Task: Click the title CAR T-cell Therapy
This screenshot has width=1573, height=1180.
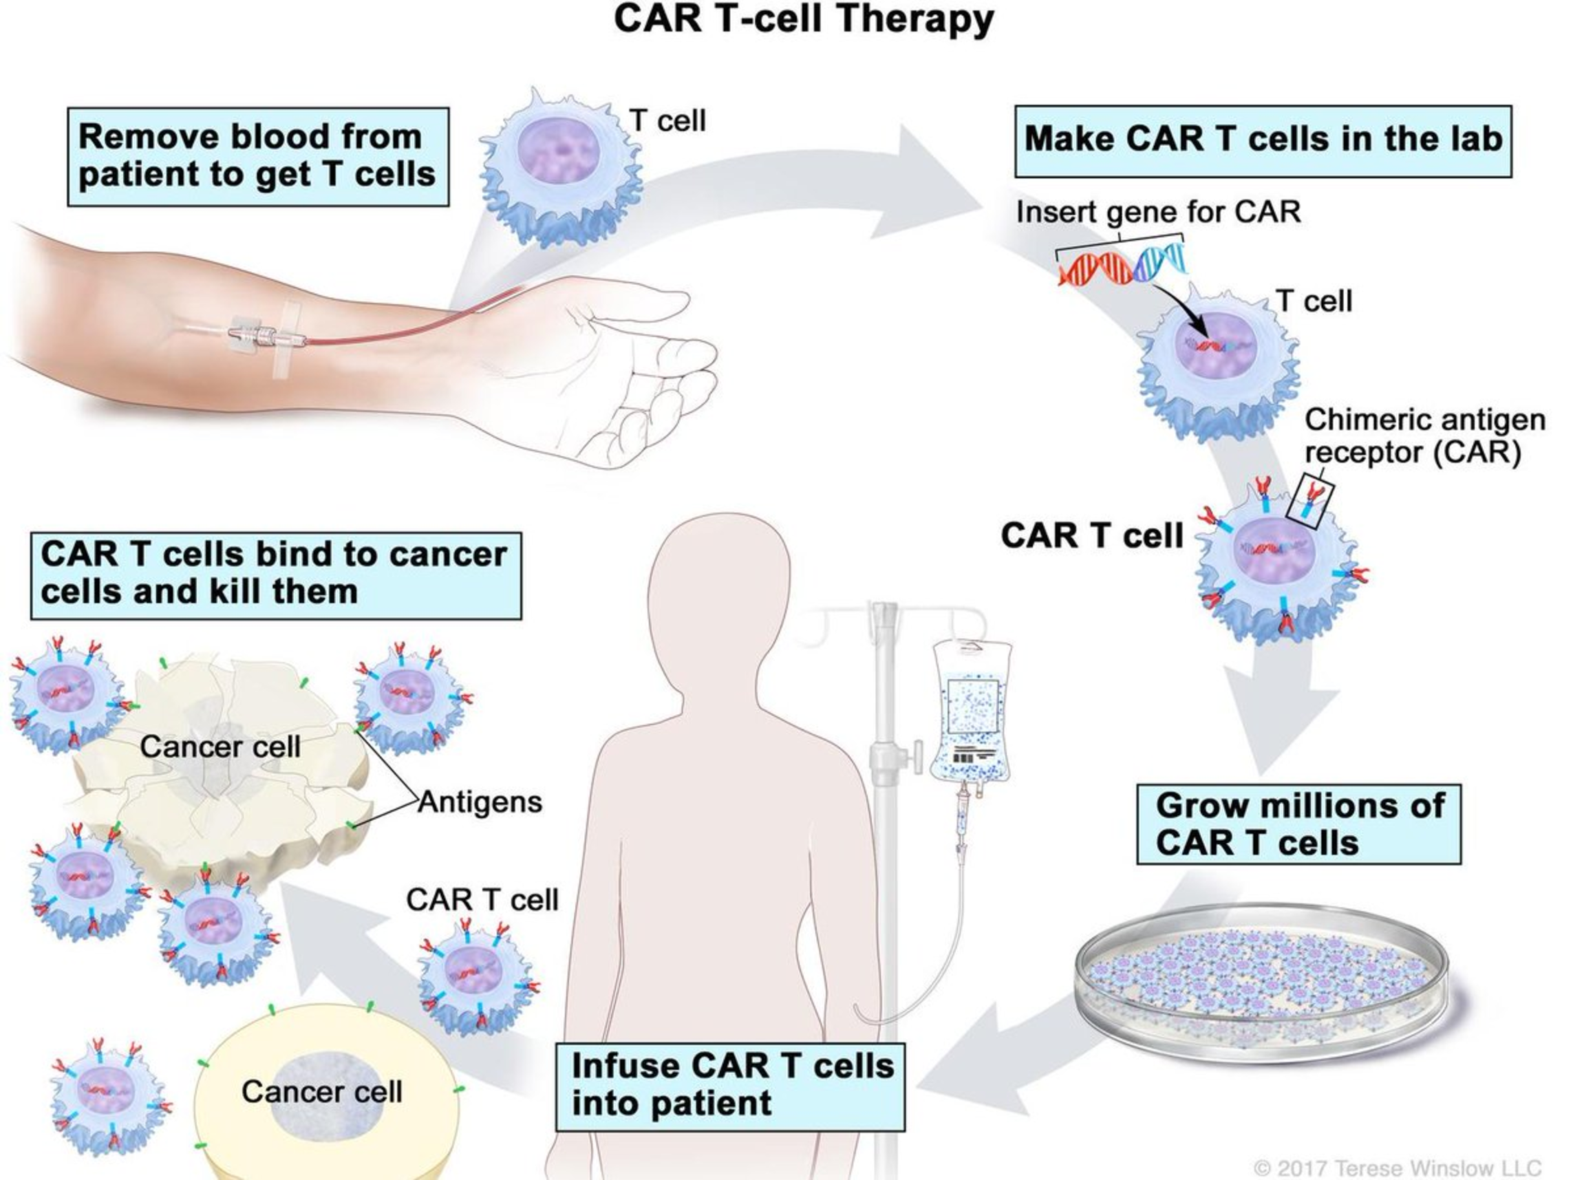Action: coord(803,19)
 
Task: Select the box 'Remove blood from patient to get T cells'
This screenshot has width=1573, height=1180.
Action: coord(257,156)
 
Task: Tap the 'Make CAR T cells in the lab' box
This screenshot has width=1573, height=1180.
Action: coord(1262,140)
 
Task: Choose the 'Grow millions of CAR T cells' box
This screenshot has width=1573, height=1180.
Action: coord(1298,824)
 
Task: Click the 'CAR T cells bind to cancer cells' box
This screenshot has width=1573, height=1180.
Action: coord(275,574)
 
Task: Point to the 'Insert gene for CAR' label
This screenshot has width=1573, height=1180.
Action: coord(1157,212)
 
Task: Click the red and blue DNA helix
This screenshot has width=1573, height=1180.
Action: coord(1122,264)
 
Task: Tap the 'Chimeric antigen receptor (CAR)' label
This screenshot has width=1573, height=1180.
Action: coord(1424,436)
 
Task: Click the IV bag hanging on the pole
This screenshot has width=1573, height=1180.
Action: coord(972,711)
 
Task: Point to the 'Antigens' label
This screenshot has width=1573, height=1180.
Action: coord(480,802)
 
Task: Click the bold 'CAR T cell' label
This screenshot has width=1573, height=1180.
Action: coord(1091,535)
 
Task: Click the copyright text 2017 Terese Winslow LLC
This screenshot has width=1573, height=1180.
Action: coord(1398,1168)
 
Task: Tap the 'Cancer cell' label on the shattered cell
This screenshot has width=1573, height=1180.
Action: coord(220,746)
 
